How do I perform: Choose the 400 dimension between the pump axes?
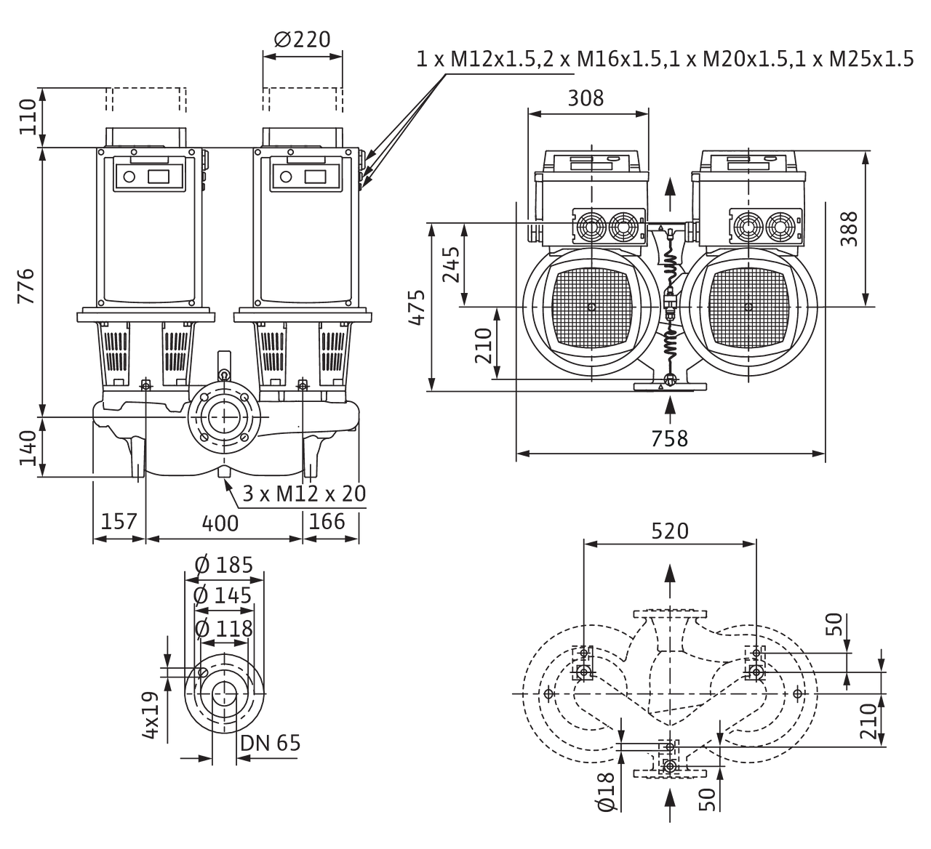[x=220, y=523]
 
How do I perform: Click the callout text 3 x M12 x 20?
[x=304, y=494]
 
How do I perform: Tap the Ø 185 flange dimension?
[x=224, y=565]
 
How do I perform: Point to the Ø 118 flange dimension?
[x=224, y=627]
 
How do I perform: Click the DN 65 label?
[x=273, y=744]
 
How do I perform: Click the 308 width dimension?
[x=586, y=98]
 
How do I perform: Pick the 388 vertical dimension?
[x=848, y=228]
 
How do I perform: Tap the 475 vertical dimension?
[x=417, y=308]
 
